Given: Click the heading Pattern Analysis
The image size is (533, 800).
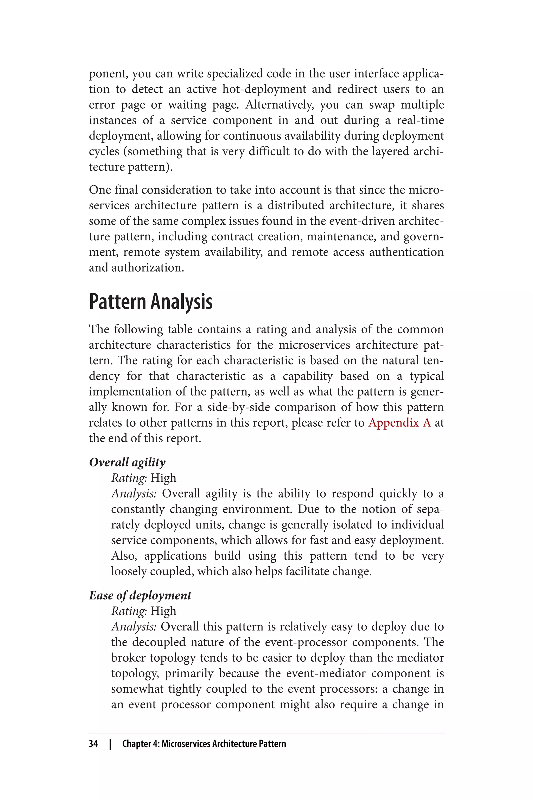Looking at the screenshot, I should (151, 302).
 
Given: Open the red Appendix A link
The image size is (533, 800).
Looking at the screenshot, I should (399, 423).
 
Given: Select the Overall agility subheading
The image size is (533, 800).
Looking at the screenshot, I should (127, 462).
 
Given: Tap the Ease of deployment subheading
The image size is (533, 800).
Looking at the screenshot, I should (140, 596).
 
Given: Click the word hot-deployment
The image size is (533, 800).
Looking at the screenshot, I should (264, 89).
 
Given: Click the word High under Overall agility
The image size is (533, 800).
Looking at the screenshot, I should (163, 478).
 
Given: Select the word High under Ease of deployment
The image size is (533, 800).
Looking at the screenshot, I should (163, 611).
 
